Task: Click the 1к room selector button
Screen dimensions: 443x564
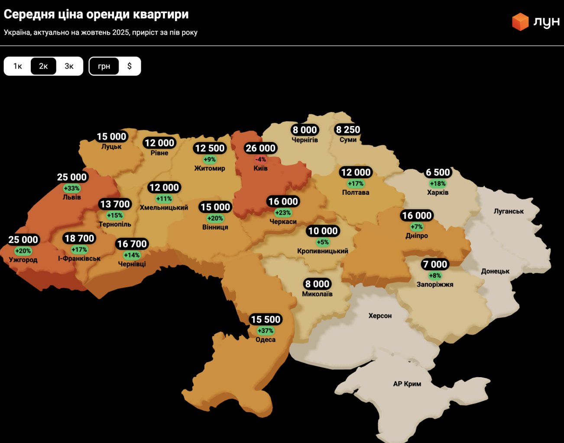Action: point(17,66)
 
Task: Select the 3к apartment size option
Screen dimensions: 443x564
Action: point(69,66)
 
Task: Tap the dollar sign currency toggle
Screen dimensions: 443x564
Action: point(130,66)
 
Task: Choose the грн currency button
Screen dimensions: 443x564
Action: point(104,66)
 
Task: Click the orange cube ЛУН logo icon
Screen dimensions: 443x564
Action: point(520,22)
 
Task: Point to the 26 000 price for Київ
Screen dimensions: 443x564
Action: point(260,148)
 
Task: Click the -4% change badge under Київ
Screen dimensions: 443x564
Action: point(260,159)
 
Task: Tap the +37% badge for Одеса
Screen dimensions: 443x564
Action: point(266,331)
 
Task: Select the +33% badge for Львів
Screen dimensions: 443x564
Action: point(71,188)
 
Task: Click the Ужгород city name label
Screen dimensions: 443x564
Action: point(23,260)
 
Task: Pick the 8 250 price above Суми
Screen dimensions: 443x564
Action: point(348,129)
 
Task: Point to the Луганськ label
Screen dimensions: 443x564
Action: point(509,211)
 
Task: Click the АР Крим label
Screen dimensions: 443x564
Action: point(407,384)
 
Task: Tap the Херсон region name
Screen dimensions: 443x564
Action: point(380,316)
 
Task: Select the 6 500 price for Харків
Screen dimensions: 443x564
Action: point(438,172)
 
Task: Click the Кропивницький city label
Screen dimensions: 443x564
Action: point(323,251)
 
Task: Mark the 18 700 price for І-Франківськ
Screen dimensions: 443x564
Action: point(79,238)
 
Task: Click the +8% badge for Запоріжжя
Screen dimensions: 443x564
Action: point(435,275)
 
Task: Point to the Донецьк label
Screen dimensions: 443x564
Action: point(495,271)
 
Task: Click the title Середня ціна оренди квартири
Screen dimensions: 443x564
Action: point(96,14)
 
